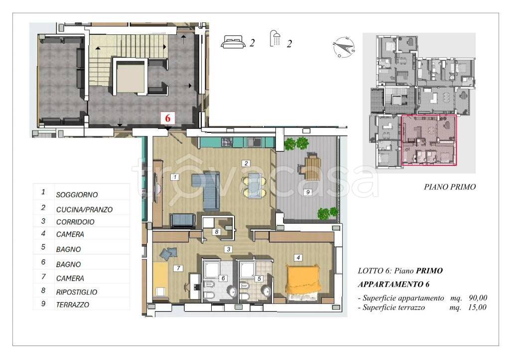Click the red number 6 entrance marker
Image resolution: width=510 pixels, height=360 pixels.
[167, 118]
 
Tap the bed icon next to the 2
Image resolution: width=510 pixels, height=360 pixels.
[233, 42]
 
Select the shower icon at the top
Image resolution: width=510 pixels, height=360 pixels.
[275, 38]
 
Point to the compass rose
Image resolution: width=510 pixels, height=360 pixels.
[344, 47]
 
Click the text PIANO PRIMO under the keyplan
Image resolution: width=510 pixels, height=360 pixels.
[450, 187]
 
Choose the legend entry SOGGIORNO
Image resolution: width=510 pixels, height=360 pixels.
[77, 195]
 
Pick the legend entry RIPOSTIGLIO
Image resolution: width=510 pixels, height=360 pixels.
[76, 292]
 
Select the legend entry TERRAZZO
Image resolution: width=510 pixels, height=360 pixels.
[73, 305]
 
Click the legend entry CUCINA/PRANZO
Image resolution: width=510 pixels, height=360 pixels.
[84, 210]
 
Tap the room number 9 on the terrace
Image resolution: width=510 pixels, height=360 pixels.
[308, 192]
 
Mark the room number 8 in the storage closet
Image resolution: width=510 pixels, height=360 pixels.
[216, 232]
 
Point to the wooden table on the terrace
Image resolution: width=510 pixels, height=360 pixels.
[313, 168]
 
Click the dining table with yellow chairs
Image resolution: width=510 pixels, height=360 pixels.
[255, 185]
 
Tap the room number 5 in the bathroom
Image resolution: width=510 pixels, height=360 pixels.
[259, 279]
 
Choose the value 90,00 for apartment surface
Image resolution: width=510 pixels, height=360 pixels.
[478, 298]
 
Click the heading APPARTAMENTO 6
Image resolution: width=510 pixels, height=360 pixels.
[393, 284]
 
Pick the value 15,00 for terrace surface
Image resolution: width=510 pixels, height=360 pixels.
[477, 307]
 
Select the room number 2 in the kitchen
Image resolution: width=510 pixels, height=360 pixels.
[246, 163]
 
